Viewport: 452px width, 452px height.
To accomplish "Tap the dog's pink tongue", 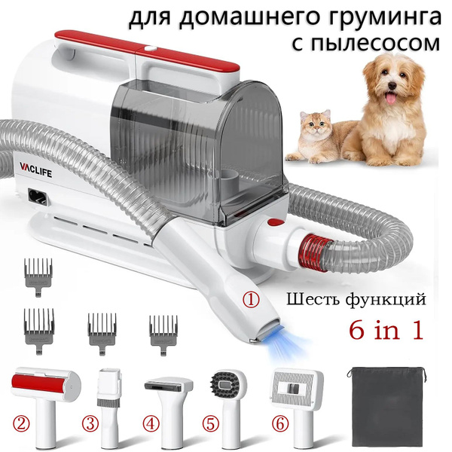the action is click(390, 99).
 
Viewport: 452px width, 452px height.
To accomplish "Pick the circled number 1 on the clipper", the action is click(251, 300).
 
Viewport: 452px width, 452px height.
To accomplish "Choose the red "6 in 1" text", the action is click(386, 330).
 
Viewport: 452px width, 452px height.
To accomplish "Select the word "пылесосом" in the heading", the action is click(367, 44).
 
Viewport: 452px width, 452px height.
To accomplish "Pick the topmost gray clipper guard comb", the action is click(38, 276).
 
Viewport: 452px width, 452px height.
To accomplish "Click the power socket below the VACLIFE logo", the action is click(37, 197).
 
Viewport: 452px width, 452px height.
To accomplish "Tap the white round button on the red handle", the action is click(148, 48).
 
